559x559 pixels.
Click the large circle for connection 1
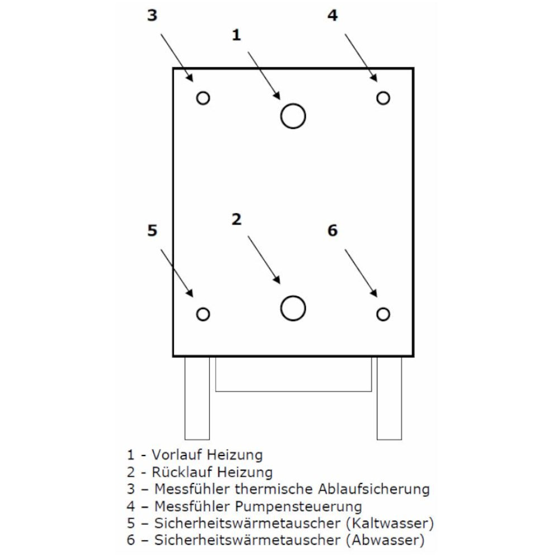(x=293, y=116)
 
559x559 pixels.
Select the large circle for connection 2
(x=293, y=308)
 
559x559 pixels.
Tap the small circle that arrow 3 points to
(x=203, y=98)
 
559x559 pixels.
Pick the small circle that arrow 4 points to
(x=383, y=98)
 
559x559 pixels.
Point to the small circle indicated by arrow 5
(x=203, y=314)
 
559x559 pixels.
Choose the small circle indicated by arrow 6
(x=383, y=314)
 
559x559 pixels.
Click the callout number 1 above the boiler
(x=236, y=35)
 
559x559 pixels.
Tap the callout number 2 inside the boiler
(x=236, y=220)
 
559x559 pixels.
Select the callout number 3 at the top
(x=152, y=16)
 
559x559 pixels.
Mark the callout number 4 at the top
(x=333, y=16)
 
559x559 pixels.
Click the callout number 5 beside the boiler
(x=152, y=230)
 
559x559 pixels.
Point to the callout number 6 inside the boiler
(x=333, y=230)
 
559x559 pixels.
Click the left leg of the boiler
(x=197, y=398)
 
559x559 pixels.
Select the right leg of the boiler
(x=389, y=398)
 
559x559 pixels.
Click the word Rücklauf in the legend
(x=178, y=471)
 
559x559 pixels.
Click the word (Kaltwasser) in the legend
(x=390, y=524)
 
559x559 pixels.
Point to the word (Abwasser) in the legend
(x=385, y=541)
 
